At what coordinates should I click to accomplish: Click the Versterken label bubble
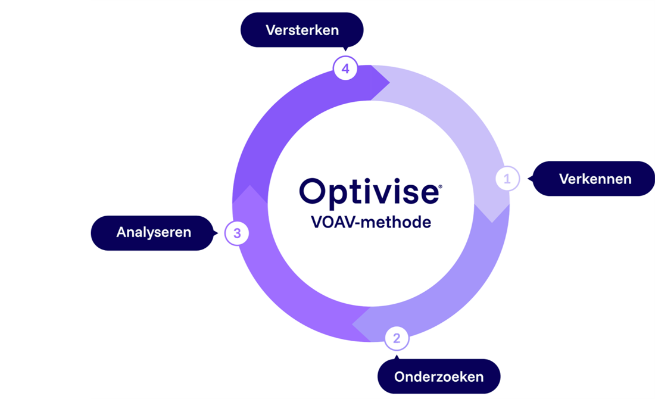[302, 30]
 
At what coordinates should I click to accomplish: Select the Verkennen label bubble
[594, 179]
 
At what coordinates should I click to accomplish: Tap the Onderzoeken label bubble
[439, 376]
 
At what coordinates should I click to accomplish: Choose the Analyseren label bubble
[152, 233]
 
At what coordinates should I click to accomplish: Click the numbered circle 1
[507, 179]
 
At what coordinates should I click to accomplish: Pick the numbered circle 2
[397, 338]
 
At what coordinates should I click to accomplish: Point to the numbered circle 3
[237, 233]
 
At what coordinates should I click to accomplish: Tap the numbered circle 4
[345, 68]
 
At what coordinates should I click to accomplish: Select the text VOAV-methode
[371, 222]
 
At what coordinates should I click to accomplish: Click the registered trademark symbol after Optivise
[440, 187]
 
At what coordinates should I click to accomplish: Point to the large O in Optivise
[311, 191]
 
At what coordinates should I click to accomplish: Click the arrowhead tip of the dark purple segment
[390, 82]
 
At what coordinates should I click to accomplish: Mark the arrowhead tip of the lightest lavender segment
[492, 222]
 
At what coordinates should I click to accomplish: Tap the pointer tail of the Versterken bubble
[345, 49]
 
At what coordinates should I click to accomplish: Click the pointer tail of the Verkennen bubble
[530, 179]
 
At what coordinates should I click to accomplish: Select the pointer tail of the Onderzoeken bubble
[397, 357]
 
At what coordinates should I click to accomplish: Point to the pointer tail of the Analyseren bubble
[216, 233]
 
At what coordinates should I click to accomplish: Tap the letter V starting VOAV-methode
[317, 222]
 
